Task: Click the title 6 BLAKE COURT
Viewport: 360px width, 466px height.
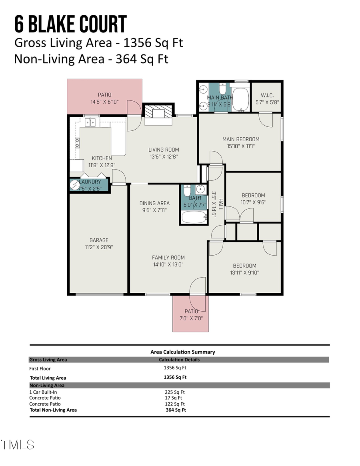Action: coord(70,24)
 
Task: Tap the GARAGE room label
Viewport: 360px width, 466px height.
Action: coord(99,240)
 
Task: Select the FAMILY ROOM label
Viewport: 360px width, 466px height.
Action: coord(168,258)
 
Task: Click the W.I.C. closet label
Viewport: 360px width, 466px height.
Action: coord(267,95)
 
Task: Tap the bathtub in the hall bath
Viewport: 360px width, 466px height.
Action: coord(194,217)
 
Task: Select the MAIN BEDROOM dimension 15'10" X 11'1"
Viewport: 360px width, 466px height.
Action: coord(241,146)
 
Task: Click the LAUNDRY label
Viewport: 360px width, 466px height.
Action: coord(90,182)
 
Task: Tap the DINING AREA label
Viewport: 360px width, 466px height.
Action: coord(154,203)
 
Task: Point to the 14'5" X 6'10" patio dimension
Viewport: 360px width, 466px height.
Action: coord(104,102)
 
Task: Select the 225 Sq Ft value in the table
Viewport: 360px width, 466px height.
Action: coord(175,392)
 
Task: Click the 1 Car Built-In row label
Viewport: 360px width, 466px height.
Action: coord(43,392)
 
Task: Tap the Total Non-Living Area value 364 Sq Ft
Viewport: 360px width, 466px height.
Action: coord(176,410)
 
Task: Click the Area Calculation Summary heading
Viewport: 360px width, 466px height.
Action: coord(182,352)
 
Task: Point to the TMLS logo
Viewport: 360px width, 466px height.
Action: coord(18,444)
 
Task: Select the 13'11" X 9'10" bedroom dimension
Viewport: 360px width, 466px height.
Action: coord(244,273)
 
